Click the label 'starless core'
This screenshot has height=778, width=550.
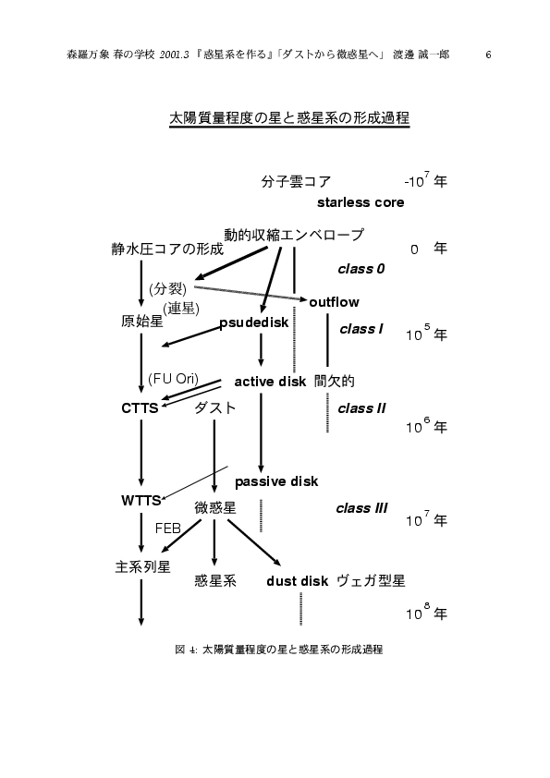tap(361, 202)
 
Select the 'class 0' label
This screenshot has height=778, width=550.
tap(361, 269)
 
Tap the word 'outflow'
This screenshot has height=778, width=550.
tap(334, 302)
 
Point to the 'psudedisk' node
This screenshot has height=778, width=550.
tap(253, 323)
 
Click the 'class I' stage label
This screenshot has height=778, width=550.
tap(361, 329)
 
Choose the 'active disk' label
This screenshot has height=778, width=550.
tap(270, 382)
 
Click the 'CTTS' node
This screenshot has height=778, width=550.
tap(140, 407)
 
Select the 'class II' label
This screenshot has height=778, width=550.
tap(361, 408)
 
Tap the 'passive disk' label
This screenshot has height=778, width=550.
tap(276, 481)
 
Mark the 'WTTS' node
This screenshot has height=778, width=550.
tap(141, 500)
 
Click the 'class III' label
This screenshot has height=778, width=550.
tap(361, 508)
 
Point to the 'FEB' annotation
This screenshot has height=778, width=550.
tap(168, 529)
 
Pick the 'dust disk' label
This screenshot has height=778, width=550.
tap(297, 581)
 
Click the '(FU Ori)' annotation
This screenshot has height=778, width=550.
tap(173, 379)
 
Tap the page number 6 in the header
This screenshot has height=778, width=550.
tap(488, 55)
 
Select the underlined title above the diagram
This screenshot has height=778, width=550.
tap(289, 118)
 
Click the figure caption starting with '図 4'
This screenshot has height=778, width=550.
tap(279, 649)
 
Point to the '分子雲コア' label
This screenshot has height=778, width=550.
tap(296, 182)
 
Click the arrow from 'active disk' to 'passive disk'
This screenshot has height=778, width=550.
tap(261, 432)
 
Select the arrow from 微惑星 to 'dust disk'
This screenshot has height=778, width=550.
tap(253, 542)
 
